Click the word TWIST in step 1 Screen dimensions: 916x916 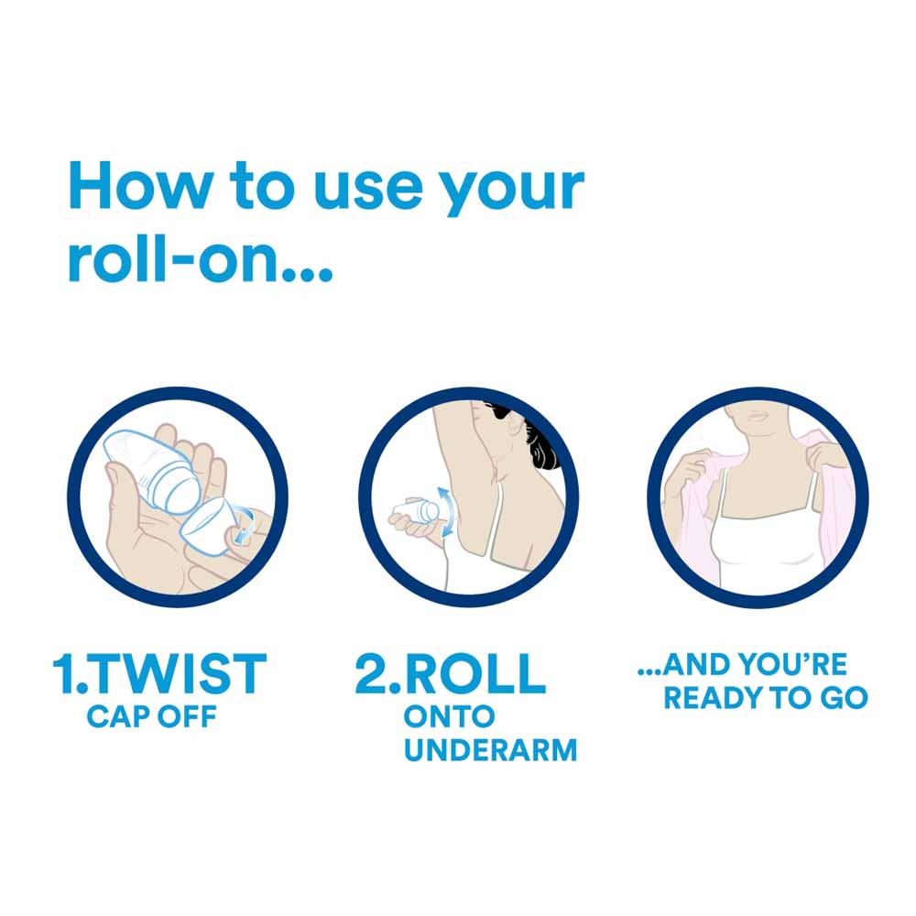click(179, 673)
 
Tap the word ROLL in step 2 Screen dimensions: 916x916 click(474, 673)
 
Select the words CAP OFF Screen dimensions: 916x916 click(152, 717)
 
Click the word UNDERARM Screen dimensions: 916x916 click(491, 750)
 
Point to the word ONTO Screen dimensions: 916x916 click(449, 717)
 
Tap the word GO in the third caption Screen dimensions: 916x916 click(845, 697)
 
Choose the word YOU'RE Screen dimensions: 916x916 click(792, 664)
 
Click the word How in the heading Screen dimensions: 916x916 click(140, 185)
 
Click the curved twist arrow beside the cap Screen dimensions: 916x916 click(243, 525)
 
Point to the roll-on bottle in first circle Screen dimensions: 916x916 click(153, 471)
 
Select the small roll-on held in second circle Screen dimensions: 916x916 click(416, 510)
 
